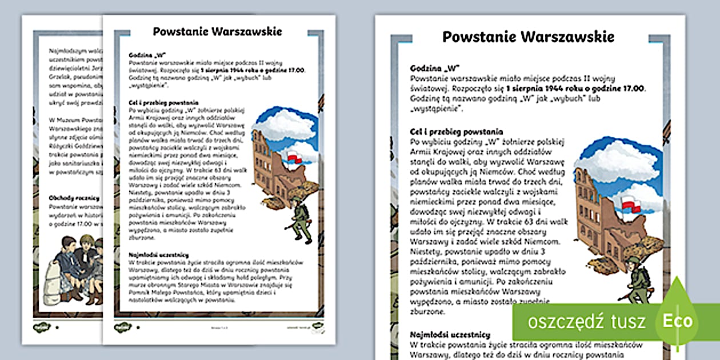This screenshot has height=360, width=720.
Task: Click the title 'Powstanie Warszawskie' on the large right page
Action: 529,37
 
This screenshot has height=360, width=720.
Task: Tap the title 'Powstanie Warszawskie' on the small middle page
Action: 217,31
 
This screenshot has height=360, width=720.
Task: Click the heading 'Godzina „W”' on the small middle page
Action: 143,54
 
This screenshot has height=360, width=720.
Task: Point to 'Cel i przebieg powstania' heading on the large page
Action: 457,131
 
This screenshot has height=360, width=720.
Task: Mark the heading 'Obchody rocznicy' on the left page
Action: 74,198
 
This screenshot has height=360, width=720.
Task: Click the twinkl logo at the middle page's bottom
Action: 123,327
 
